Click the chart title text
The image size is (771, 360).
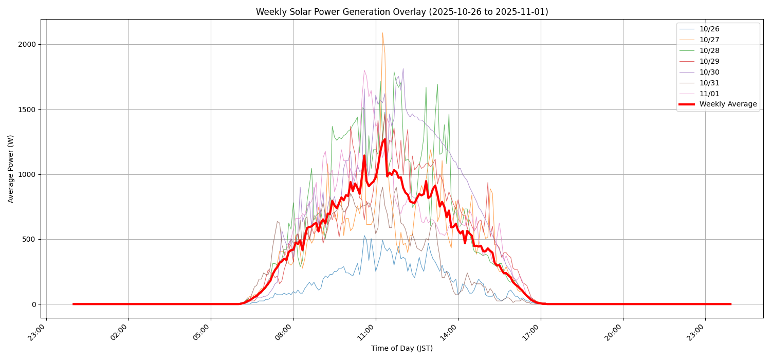pos(402,12)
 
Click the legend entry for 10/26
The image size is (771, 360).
pos(709,29)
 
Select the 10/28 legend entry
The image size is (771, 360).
pos(709,50)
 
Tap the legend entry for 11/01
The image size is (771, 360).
pos(709,94)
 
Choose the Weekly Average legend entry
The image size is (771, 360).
pos(728,104)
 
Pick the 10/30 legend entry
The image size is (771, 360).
pos(709,72)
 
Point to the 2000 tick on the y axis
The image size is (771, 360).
pos(26,44)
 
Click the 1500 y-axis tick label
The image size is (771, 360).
pos(26,110)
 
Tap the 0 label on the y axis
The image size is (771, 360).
pos(33,304)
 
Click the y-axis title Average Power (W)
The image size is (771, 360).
pos(11,169)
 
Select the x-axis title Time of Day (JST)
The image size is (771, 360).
pos(402,349)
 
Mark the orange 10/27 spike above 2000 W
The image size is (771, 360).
pos(382,33)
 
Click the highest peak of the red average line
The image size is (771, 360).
pos(384,139)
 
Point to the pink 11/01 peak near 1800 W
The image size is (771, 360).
pos(364,70)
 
